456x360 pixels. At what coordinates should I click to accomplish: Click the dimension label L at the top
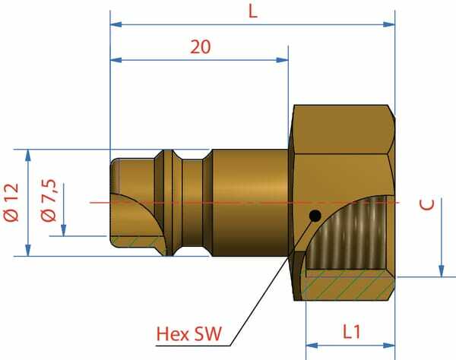coord(253,12)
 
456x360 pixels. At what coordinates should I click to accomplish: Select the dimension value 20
coord(201,47)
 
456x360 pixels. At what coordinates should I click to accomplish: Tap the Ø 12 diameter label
coord(11,203)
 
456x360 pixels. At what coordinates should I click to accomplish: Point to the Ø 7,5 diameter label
coord(49,201)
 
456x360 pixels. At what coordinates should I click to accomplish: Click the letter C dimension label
coord(427,204)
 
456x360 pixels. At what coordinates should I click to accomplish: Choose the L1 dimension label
coord(352,332)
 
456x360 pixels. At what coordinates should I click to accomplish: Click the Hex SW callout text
coord(189,334)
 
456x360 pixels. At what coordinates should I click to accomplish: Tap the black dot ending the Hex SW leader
coord(315,216)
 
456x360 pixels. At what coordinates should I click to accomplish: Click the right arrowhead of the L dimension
coord(389,24)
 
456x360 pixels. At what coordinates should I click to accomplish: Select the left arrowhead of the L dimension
coord(116,24)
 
